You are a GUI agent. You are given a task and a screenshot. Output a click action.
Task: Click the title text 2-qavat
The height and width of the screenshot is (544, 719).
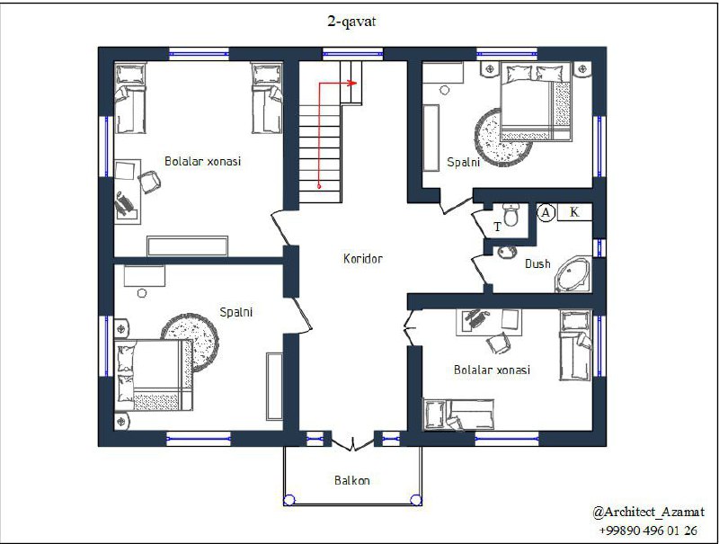tap(351, 22)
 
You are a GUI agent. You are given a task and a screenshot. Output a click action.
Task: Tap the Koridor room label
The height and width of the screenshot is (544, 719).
tap(363, 259)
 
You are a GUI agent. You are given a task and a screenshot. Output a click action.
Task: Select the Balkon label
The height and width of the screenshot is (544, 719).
tap(351, 480)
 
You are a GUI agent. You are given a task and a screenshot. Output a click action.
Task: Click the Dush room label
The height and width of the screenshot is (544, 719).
tap(537, 263)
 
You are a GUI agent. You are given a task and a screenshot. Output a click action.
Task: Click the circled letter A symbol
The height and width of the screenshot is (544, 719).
tap(546, 213)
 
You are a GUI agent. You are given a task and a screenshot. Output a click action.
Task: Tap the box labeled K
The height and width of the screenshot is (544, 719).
tap(574, 212)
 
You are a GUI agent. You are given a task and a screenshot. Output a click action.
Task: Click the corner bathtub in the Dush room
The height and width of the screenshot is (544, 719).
tap(573, 274)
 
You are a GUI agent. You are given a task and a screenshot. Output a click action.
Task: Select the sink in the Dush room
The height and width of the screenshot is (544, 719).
tap(506, 252)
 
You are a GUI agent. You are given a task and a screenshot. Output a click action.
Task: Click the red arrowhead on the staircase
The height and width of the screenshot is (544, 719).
tap(352, 83)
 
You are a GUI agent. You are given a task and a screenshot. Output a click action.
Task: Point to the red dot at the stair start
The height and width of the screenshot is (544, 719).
tap(319, 186)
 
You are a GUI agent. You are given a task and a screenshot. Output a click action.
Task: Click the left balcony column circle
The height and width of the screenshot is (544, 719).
tap(289, 500)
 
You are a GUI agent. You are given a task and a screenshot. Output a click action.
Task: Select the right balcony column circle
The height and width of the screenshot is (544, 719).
tap(416, 500)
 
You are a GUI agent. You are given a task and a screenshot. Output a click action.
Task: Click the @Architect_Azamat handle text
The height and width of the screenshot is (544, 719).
tap(648, 512)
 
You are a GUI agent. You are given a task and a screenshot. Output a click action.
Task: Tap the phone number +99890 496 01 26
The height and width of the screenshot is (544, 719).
tap(648, 531)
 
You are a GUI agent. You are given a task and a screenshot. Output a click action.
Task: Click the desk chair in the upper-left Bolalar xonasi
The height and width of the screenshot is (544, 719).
tap(149, 182)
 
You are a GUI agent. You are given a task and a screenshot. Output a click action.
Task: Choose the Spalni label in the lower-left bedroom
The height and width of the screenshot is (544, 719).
tap(236, 312)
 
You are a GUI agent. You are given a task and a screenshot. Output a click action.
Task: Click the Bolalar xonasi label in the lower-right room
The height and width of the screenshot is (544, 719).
tap(492, 370)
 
